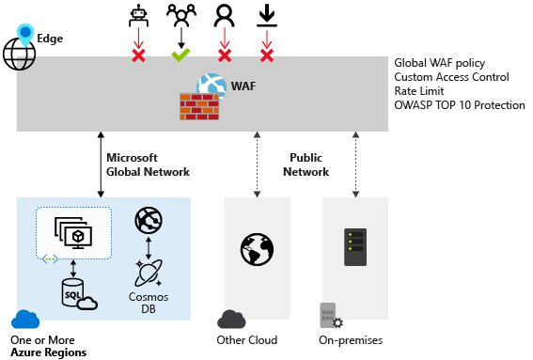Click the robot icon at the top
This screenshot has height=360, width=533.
coord(137,15)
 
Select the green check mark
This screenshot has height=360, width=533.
coord(180,55)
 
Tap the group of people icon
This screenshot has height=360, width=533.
coord(180,15)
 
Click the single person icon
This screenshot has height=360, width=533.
coord(224,15)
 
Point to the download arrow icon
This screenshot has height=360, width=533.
coord(266,15)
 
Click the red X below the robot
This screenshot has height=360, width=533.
coord(138,55)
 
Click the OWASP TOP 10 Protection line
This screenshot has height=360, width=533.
coord(460,105)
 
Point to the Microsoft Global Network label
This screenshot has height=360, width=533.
coord(148,164)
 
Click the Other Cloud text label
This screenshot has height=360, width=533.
coord(247,339)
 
